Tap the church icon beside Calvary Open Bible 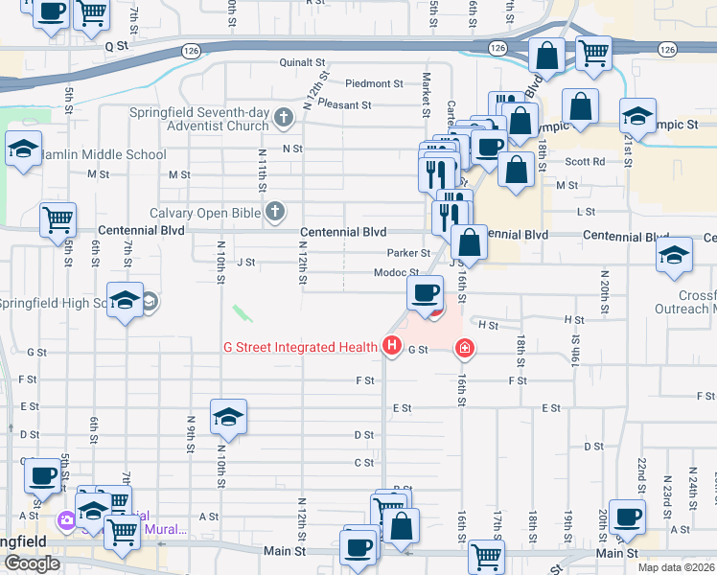click(x=275, y=212)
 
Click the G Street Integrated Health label click(x=301, y=347)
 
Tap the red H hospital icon click(x=391, y=346)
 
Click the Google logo click(x=32, y=563)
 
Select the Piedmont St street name click(x=374, y=83)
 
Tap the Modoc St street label click(x=395, y=273)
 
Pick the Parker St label click(x=408, y=253)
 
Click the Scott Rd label click(x=585, y=162)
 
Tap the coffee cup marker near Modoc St click(x=425, y=291)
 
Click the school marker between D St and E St click(x=228, y=416)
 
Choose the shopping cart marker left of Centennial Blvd click(x=58, y=218)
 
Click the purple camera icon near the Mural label click(x=66, y=520)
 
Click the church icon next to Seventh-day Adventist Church click(x=283, y=119)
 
